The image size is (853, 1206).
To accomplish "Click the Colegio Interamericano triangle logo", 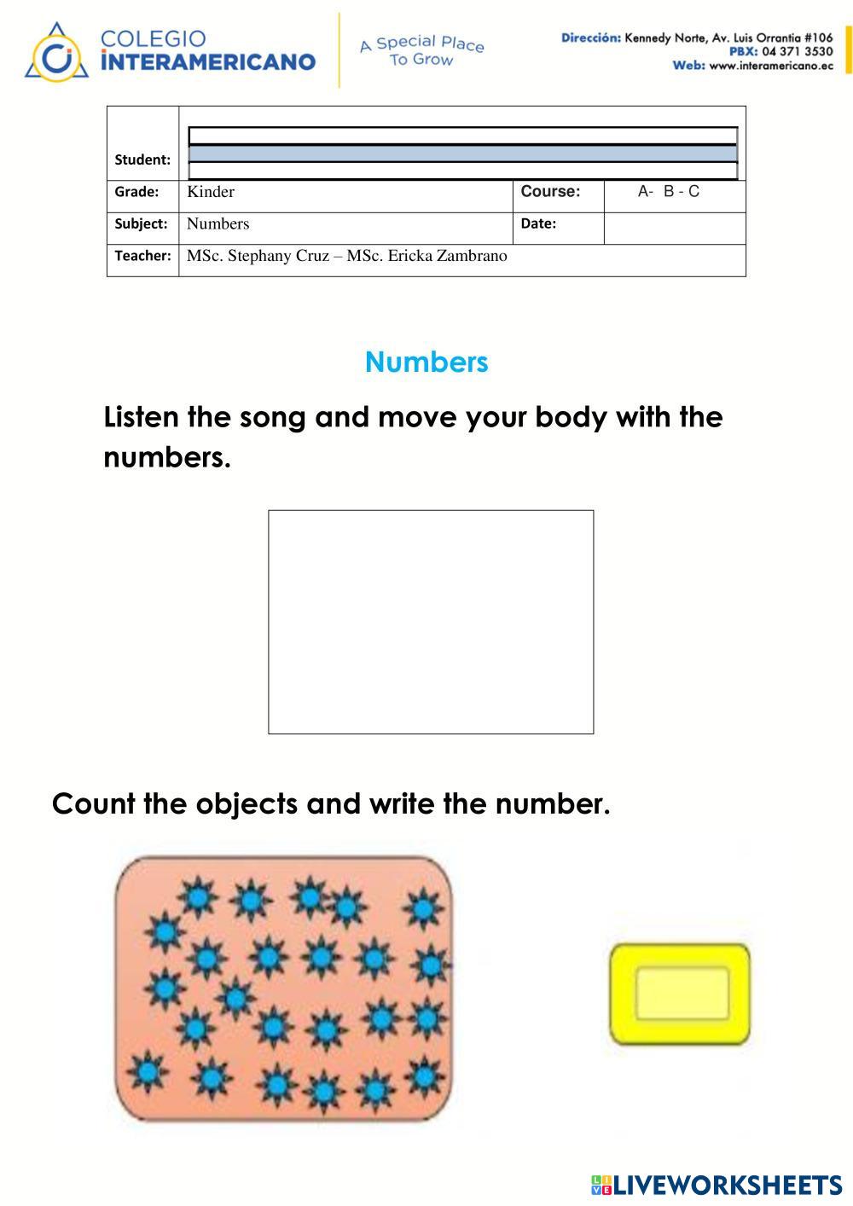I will (x=55, y=53).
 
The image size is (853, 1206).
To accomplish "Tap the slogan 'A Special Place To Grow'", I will (x=421, y=50).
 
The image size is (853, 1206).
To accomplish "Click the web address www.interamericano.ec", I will (x=770, y=67).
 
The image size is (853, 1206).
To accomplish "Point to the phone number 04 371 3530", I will (x=798, y=52).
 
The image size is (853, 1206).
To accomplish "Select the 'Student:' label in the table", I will (x=142, y=159).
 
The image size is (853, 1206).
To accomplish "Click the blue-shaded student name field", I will (x=462, y=154).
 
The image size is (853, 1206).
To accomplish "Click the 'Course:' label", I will (x=550, y=192).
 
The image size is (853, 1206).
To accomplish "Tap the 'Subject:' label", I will (x=142, y=223).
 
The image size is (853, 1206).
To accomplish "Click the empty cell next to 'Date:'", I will (x=674, y=228).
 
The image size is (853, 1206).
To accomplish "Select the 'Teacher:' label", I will (x=142, y=256).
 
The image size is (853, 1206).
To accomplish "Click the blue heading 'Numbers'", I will (x=426, y=362).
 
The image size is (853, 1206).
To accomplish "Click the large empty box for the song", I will (x=431, y=622).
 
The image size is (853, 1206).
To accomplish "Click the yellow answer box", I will (x=681, y=994).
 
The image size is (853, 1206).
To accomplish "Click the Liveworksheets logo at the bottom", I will (x=716, y=1185).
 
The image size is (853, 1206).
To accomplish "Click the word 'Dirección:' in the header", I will (x=590, y=38).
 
